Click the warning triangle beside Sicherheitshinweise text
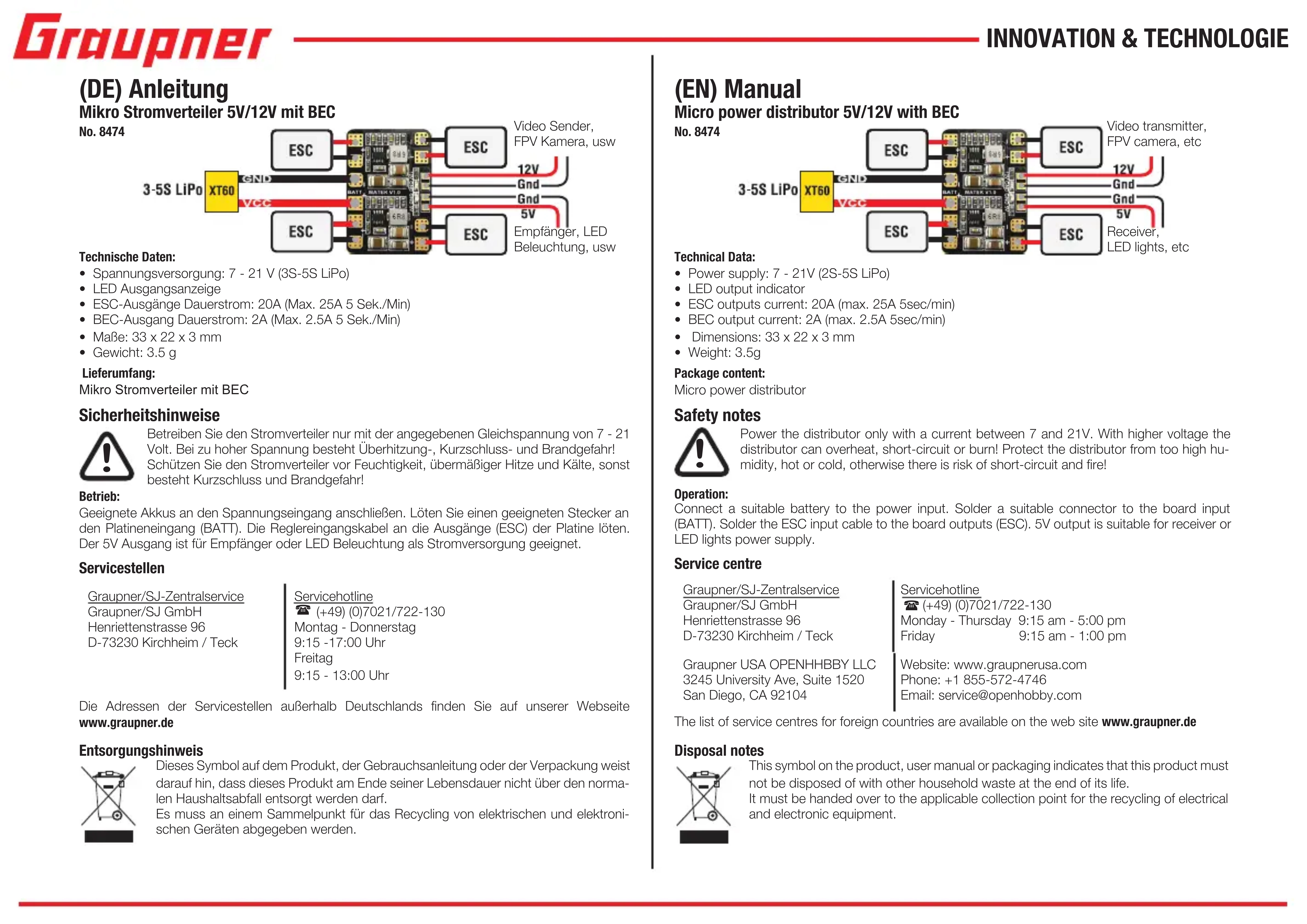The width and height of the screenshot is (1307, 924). (106, 456)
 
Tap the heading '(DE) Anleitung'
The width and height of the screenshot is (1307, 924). (154, 89)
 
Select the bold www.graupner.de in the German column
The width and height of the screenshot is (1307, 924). (126, 722)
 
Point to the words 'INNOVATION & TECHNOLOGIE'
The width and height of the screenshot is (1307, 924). (1137, 39)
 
